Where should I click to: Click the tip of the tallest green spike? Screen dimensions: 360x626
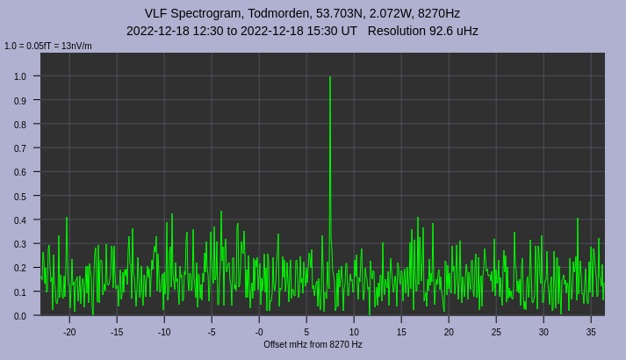click(x=330, y=77)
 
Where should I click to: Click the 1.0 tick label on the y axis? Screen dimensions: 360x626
click(x=20, y=76)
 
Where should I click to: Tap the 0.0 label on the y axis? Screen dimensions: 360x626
click(x=20, y=315)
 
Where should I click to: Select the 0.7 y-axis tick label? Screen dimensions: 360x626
click(x=20, y=148)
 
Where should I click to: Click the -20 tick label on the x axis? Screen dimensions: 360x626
click(x=69, y=332)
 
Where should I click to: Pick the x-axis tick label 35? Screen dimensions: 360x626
click(x=591, y=332)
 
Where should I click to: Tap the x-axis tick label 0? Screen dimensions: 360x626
click(x=259, y=332)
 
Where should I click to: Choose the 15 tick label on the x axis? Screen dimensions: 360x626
click(x=401, y=332)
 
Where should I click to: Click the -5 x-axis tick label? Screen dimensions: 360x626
click(x=212, y=332)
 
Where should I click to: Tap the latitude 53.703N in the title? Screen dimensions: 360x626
click(x=341, y=13)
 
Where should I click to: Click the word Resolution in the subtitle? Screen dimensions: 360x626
click(x=399, y=31)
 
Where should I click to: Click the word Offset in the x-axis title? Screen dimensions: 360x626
click(x=277, y=344)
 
